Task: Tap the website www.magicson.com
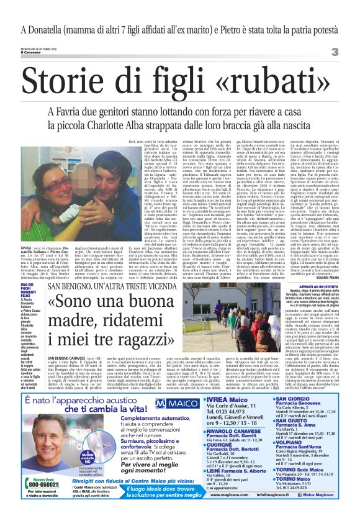[x=217, y=511]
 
